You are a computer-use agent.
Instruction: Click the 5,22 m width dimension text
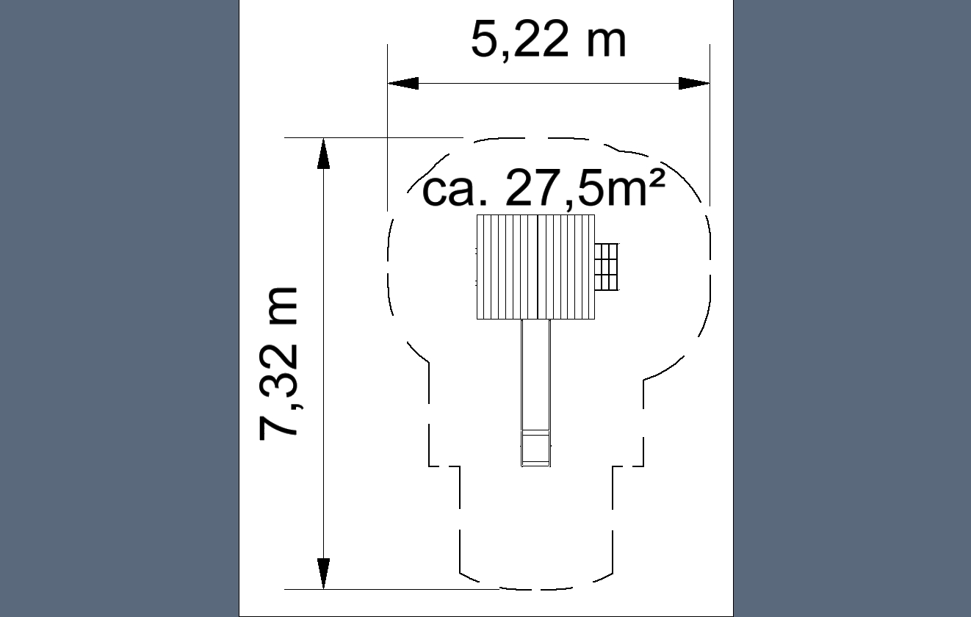[x=549, y=40]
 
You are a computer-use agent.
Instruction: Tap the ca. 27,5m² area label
[x=543, y=188]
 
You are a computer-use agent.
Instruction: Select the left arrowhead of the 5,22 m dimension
[x=403, y=83]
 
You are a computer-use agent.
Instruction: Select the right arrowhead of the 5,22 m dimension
[x=694, y=83]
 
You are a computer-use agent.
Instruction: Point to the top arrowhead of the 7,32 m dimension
[x=323, y=154]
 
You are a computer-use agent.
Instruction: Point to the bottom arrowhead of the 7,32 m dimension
[x=323, y=574]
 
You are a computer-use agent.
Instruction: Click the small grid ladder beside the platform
[x=607, y=267]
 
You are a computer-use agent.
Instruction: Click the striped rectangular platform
[x=535, y=267]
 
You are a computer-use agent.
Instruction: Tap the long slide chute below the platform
[x=535, y=393]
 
